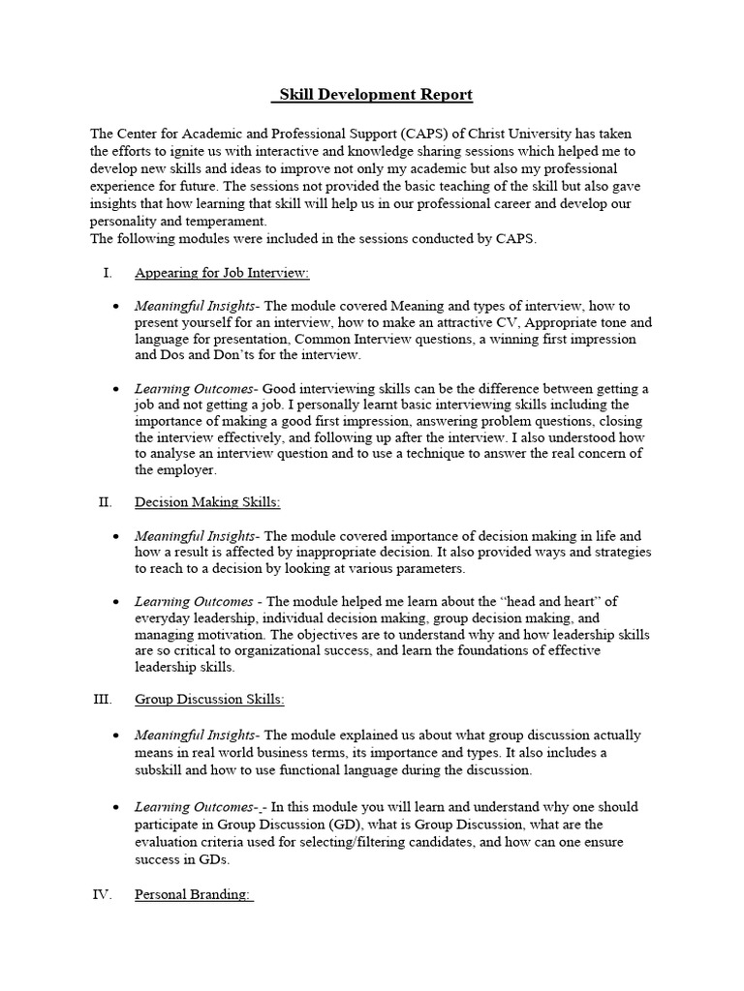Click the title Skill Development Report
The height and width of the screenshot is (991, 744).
372,94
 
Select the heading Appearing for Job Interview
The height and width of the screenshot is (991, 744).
222,274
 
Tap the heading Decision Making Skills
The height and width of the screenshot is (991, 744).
207,502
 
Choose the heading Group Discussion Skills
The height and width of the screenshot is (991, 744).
209,699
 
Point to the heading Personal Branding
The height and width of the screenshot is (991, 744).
194,894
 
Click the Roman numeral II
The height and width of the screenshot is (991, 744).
107,502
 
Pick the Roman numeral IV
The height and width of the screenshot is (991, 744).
104,894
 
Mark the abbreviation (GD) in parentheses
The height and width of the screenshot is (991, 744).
312,825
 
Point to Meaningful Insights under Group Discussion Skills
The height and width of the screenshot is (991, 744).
196,736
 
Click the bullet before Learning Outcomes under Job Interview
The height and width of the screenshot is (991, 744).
116,389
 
